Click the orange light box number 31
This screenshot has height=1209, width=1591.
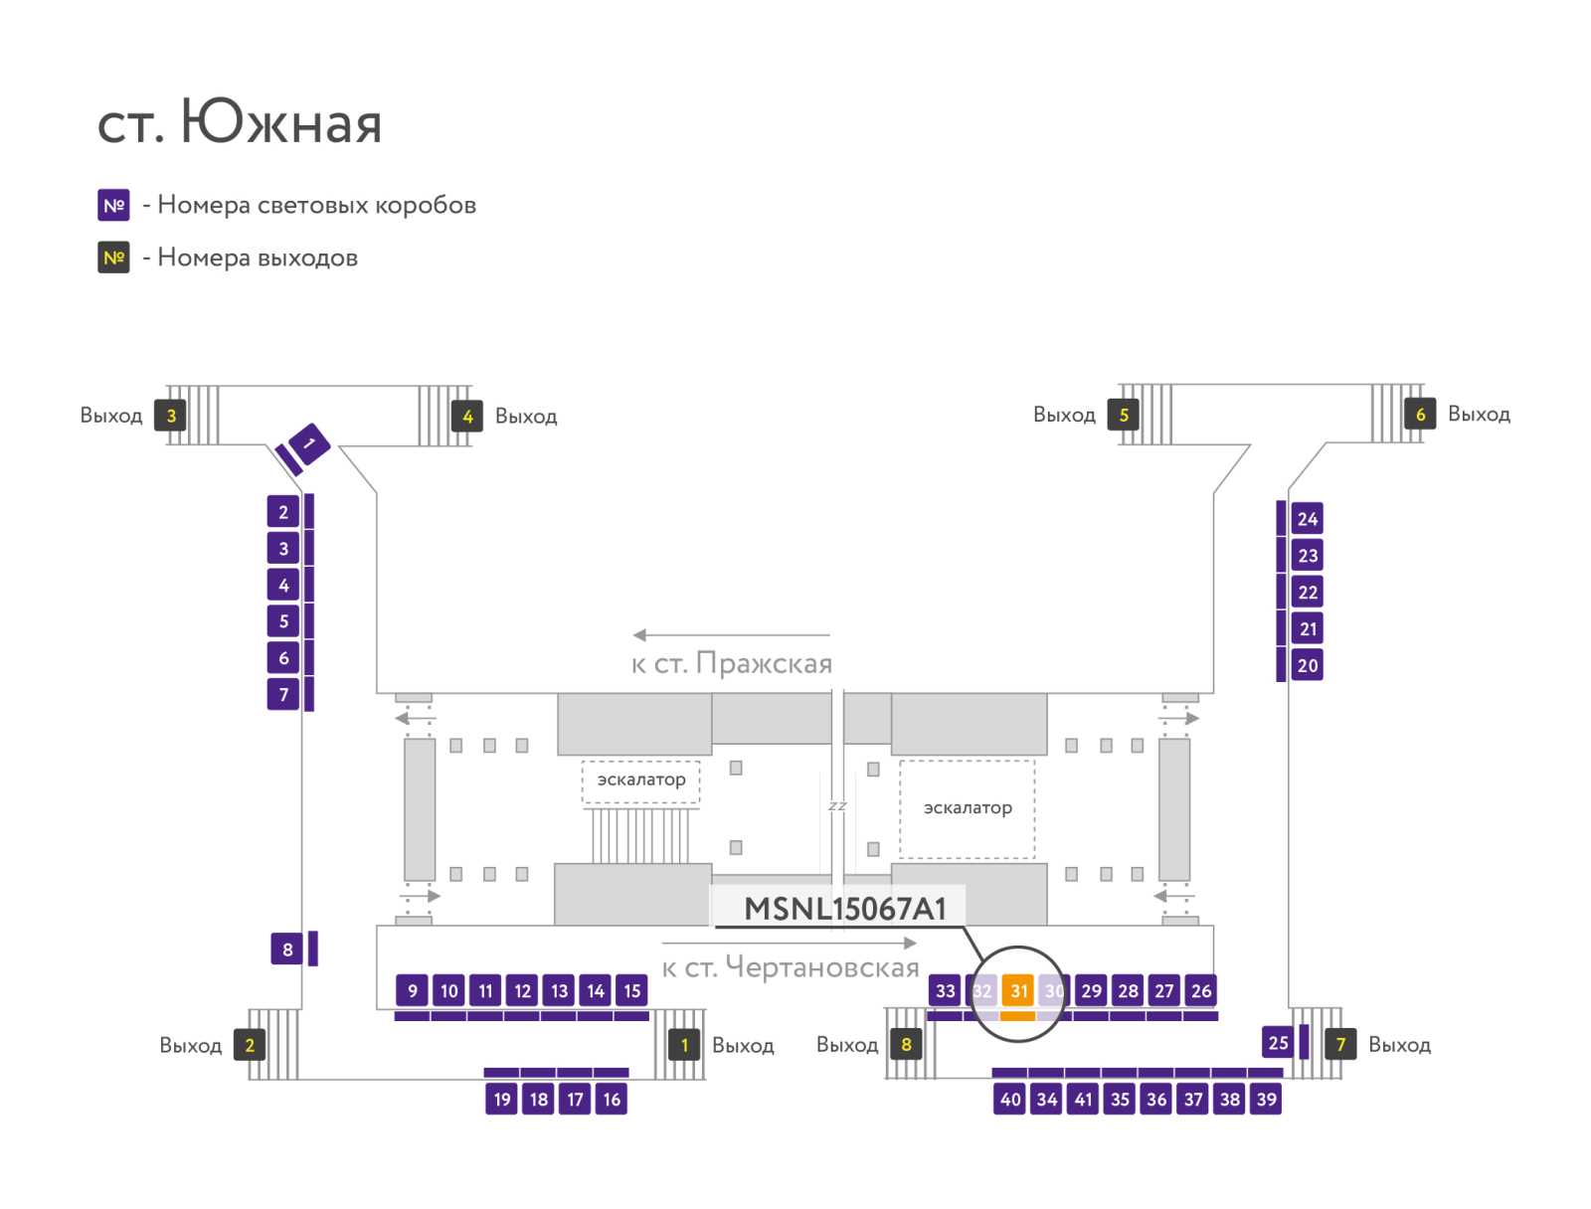(1017, 989)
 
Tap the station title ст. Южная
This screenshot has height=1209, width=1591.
(240, 121)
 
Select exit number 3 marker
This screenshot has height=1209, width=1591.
(170, 415)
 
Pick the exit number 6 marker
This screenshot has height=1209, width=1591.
(1420, 414)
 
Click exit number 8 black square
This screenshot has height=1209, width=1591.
(906, 1044)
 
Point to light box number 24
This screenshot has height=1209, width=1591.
(1307, 519)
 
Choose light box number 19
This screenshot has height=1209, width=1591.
(501, 1099)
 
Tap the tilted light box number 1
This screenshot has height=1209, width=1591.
(309, 443)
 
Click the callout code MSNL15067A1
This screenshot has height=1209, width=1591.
(845, 909)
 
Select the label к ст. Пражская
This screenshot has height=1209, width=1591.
(731, 663)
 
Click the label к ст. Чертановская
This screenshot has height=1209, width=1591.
(791, 967)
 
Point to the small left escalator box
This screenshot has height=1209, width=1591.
(640, 780)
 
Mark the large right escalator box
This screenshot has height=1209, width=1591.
(967, 808)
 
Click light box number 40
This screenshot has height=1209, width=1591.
(1009, 1099)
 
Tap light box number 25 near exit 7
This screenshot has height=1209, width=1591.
(1278, 1042)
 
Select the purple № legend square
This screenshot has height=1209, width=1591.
(113, 205)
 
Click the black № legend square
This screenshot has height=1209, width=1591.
(113, 258)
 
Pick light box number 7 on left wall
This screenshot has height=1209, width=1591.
(283, 694)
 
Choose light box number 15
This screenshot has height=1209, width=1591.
(632, 990)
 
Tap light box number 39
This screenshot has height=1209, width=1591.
(1266, 1099)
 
